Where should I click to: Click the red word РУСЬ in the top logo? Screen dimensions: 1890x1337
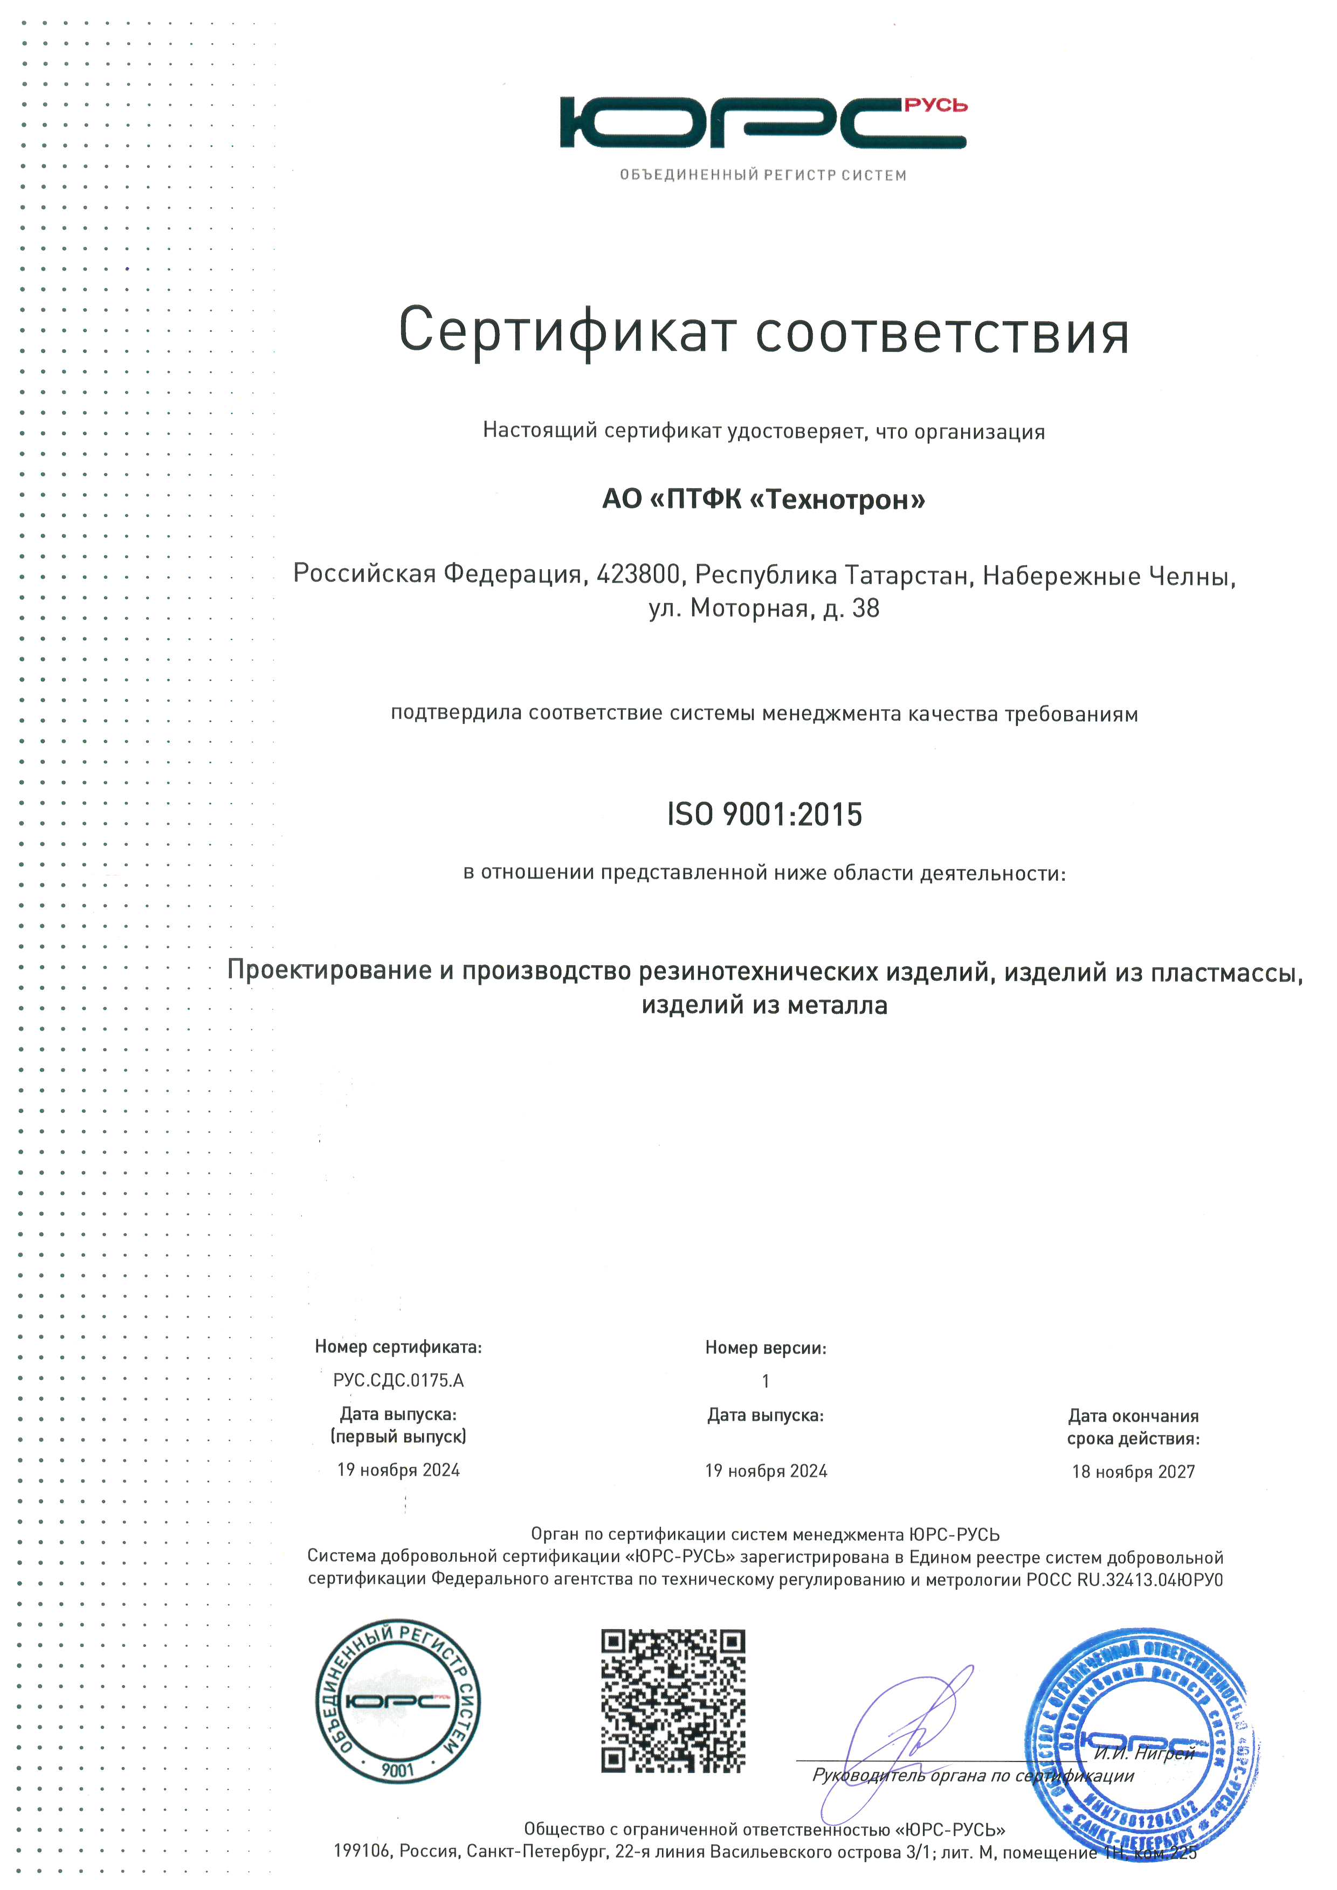[935, 106]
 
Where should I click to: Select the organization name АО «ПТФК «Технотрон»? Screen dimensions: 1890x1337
[763, 499]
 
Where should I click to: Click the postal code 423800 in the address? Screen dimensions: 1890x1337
[638, 574]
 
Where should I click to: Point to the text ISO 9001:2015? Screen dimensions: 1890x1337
[764, 814]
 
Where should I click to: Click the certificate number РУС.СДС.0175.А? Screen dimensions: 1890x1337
[398, 1381]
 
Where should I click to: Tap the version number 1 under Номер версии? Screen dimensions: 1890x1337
[766, 1381]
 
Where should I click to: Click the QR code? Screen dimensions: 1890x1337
[673, 1701]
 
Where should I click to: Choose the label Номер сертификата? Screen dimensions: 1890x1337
[398, 1347]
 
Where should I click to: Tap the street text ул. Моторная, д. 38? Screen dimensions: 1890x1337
[763, 608]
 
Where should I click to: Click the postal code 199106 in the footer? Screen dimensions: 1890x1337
[363, 1851]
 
